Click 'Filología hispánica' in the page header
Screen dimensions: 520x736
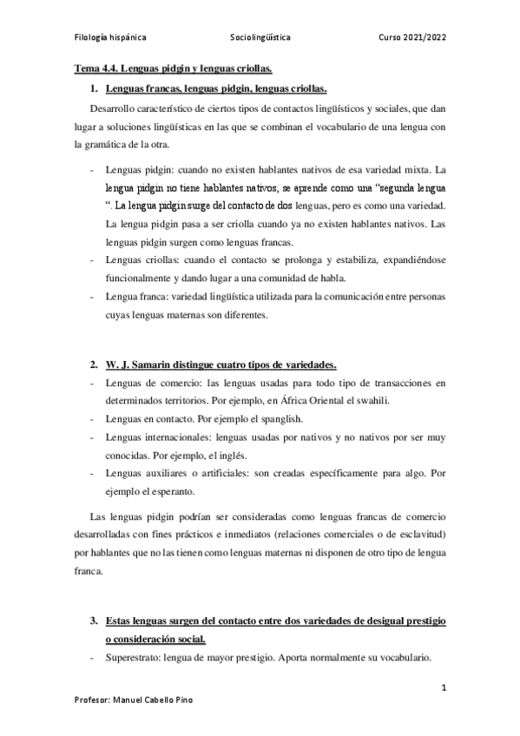109,38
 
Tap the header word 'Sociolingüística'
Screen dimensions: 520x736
260,38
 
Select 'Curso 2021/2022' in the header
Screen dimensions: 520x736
412,38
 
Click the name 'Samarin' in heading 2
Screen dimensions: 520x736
150,363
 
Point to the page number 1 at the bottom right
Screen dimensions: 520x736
443,688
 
